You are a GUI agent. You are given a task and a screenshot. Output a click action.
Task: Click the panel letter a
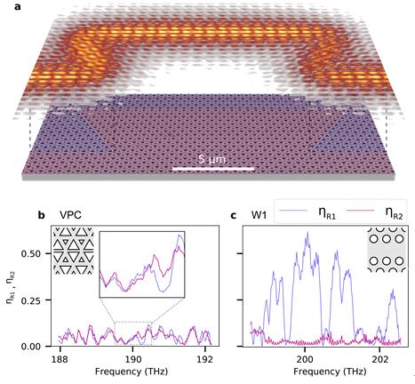(x=7, y=7)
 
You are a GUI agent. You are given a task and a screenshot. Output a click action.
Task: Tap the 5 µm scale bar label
(x=215, y=157)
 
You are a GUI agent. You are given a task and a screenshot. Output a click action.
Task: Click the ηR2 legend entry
(x=379, y=212)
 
